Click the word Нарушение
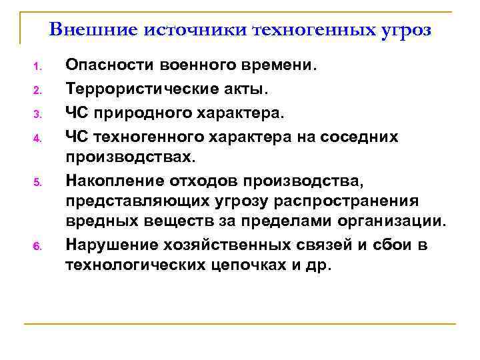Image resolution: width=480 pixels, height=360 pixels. click(x=108, y=244)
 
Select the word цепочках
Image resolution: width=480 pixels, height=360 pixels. click(x=251, y=265)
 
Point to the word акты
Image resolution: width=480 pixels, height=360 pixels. click(x=253, y=89)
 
